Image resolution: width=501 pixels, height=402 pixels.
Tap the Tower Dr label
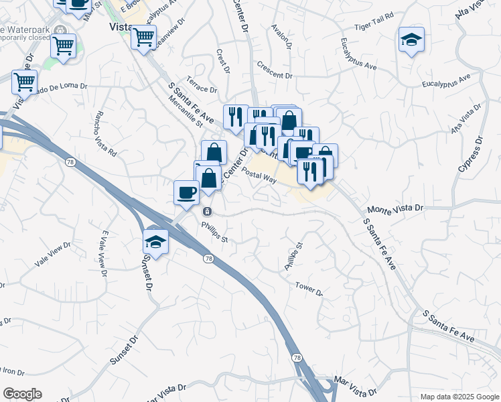click(309, 289)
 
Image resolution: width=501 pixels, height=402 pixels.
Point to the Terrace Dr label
click(202, 85)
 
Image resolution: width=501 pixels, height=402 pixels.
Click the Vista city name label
click(120, 27)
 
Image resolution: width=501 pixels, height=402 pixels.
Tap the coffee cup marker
click(186, 192)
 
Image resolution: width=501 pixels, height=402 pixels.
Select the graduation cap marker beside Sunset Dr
click(155, 241)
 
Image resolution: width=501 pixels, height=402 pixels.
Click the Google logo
click(22, 394)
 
